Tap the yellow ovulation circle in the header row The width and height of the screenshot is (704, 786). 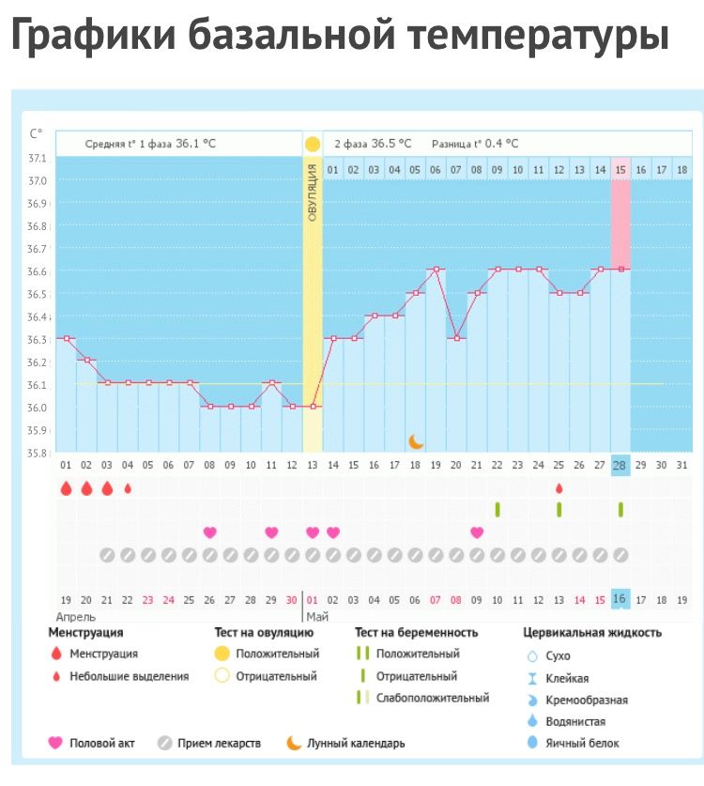coord(312,144)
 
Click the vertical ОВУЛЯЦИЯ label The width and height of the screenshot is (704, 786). coord(312,192)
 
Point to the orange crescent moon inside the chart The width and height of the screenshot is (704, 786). coord(416,440)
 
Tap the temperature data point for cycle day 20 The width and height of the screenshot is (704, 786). coord(456,338)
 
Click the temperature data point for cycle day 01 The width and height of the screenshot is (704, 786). coord(66,338)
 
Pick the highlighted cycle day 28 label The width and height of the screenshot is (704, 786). coord(620,465)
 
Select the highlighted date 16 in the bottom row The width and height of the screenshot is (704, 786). coord(620,599)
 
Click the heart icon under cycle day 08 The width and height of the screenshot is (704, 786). coord(209,532)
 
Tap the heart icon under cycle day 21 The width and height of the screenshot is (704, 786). coord(477,532)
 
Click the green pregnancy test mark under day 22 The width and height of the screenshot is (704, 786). coord(497,509)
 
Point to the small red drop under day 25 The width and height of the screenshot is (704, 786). coord(559,488)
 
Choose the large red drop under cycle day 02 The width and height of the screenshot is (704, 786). coord(86,488)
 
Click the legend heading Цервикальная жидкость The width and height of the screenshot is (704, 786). coord(591,633)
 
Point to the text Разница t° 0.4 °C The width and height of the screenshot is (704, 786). coord(474,144)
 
